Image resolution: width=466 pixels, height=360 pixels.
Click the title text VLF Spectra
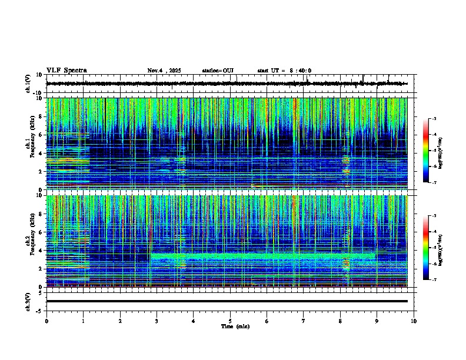tap(66, 71)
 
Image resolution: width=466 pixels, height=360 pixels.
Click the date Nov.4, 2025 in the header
tap(164, 71)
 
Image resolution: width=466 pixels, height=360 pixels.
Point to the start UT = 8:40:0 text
tap(284, 71)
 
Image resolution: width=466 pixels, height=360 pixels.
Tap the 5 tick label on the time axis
tap(230, 321)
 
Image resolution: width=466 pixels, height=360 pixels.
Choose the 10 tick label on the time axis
tap(414, 321)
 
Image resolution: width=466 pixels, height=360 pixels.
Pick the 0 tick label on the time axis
tap(46, 321)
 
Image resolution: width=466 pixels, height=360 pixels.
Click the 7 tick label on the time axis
tap(304, 321)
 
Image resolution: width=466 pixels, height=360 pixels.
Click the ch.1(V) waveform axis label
tap(28, 84)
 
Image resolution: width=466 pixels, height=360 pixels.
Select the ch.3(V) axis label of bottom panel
tap(28, 301)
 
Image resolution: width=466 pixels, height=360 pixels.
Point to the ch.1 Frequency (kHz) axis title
tap(29, 144)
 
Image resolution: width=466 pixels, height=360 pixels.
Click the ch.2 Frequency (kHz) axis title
tap(29, 241)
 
